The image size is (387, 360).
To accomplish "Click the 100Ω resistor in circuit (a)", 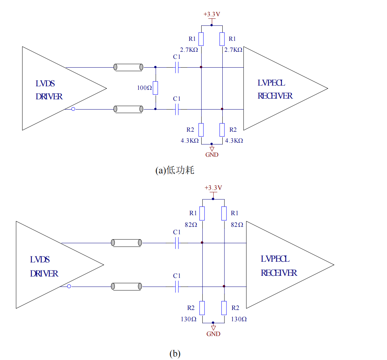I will click(x=156, y=88).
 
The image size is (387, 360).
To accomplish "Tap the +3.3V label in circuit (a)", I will click(x=211, y=14).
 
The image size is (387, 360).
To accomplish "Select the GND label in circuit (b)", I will click(x=213, y=334).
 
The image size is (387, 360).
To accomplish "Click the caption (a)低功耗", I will click(x=175, y=170).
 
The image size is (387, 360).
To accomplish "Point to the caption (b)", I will click(x=175, y=353).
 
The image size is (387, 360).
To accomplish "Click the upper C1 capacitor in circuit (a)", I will click(x=177, y=67).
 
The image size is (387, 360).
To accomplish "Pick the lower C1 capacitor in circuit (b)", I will click(x=177, y=286).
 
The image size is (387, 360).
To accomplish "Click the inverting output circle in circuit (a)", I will click(x=73, y=109).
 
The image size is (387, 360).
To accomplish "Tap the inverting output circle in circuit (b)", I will click(x=69, y=286).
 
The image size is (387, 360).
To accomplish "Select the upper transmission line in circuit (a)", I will click(x=128, y=67).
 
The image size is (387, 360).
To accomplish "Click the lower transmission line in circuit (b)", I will click(x=126, y=286).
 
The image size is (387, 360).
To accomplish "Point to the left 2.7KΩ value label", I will click(x=189, y=50).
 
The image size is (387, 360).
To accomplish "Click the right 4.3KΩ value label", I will click(x=234, y=140).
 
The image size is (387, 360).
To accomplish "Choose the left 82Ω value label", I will click(x=191, y=224).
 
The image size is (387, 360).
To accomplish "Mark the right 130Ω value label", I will click(x=239, y=319).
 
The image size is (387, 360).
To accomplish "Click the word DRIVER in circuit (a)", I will click(x=49, y=97).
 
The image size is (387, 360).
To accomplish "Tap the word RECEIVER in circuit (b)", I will click(x=279, y=273).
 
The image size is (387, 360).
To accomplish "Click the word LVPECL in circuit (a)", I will click(x=271, y=83).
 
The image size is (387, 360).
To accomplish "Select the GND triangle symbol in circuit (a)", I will click(x=211, y=149).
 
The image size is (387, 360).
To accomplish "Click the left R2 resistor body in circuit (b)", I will click(x=202, y=308).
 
